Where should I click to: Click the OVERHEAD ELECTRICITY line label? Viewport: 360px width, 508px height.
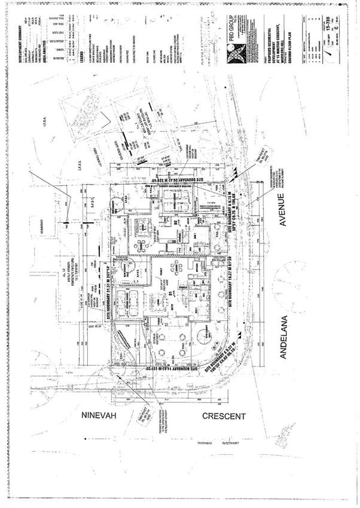[x=222, y=443]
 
